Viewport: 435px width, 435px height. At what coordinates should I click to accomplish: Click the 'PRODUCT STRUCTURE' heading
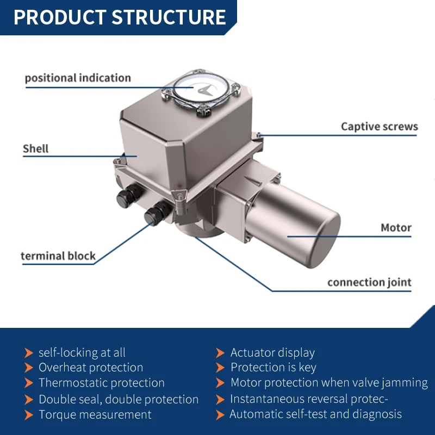120,17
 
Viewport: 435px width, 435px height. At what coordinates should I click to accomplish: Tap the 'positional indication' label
78,78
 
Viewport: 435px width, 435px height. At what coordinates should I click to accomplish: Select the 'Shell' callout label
35,148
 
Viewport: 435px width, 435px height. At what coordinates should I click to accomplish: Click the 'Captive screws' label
379,127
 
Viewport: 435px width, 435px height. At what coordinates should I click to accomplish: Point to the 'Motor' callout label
396,228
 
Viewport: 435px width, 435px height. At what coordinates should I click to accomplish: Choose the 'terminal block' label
58,256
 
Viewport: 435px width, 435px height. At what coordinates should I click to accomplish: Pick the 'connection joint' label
369,282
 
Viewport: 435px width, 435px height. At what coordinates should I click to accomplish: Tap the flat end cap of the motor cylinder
323,241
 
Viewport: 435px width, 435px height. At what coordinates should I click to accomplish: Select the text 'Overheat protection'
91,368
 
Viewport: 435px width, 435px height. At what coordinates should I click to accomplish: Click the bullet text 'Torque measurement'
95,415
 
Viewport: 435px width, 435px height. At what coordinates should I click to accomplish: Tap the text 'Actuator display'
272,353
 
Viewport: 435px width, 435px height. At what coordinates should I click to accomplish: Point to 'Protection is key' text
274,368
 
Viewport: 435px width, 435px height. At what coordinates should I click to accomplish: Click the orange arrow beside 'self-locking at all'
29,353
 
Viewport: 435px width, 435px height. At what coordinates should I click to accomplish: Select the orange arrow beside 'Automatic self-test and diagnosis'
220,415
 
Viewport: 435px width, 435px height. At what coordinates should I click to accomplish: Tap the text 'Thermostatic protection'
102,383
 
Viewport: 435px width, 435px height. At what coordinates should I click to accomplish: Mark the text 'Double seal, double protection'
119,400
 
